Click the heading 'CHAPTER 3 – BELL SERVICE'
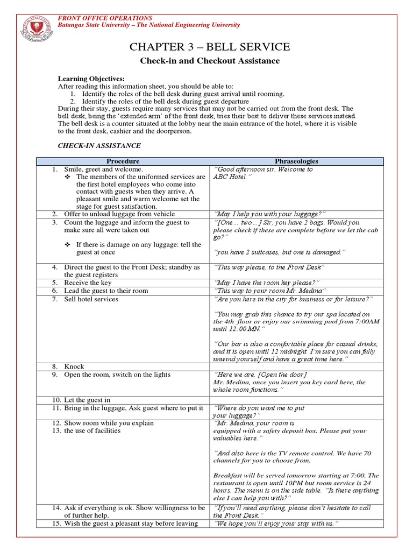(x=210, y=47)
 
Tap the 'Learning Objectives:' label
(x=91, y=79)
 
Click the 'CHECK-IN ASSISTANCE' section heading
(x=99, y=145)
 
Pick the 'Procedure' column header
(x=123, y=161)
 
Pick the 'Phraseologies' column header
(x=296, y=161)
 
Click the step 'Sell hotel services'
(x=91, y=299)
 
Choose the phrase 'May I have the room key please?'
(x=267, y=282)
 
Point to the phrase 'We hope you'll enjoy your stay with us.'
(x=277, y=524)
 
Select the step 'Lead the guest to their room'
(x=105, y=291)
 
